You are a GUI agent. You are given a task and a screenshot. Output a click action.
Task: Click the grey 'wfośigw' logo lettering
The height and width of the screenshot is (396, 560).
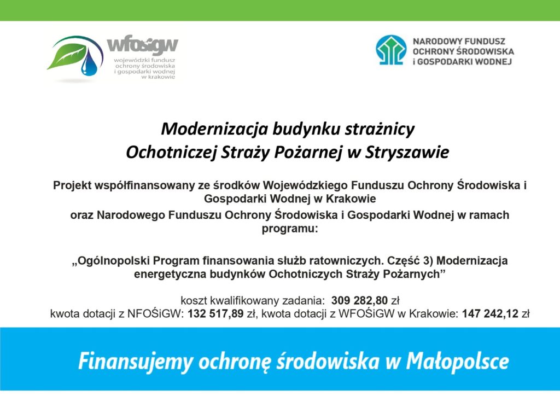pos(143,45)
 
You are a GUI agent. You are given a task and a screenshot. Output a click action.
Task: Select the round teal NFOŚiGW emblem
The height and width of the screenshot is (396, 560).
pos(391,50)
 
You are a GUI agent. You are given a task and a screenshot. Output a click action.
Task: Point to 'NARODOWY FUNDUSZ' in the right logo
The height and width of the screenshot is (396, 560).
pos(459,42)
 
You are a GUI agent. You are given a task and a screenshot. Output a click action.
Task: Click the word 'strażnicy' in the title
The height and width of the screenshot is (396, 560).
pos(380,129)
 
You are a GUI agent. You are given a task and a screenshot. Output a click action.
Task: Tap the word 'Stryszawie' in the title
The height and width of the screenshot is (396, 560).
pos(407,153)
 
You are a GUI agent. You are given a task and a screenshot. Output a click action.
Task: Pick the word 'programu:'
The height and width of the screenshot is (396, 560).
pos(290,228)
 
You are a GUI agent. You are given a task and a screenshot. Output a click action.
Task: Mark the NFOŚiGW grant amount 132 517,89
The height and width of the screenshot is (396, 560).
pos(215,313)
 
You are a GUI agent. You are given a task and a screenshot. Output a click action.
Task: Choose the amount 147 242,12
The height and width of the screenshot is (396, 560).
pos(490,313)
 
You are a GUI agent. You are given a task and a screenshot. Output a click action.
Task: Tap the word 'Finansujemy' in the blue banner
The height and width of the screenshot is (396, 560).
pos(136,362)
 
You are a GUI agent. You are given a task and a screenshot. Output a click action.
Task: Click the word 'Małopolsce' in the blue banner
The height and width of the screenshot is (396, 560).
pos(457,362)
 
